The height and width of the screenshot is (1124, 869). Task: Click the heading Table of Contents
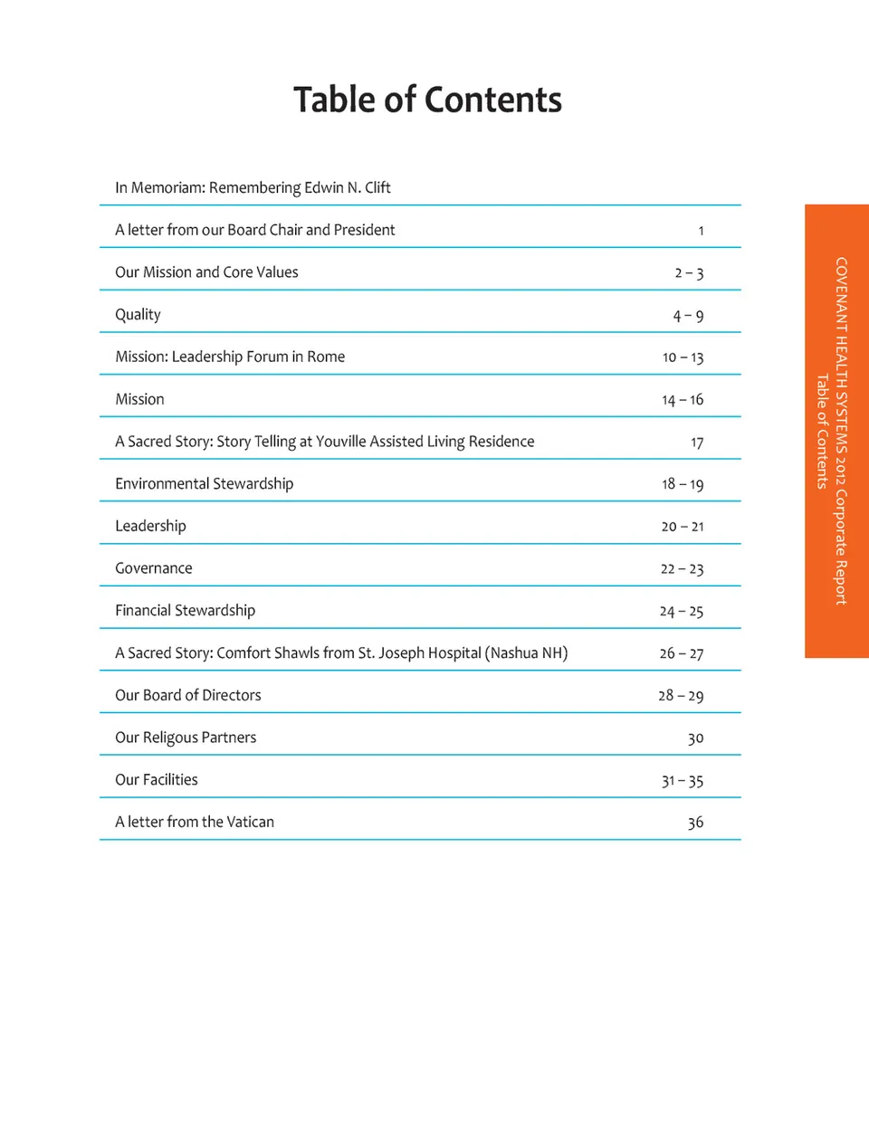point(427,100)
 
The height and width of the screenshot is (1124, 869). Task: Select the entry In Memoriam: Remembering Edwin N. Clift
point(253,187)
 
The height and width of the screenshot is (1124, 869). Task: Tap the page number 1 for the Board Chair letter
point(701,231)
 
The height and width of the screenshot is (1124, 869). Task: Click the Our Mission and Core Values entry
point(206,272)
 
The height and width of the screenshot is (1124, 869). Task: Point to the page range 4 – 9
point(688,316)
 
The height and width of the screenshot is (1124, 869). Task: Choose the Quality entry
point(138,315)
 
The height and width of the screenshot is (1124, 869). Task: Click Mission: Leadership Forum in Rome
point(230,357)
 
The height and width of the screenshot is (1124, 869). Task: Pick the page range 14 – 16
point(683,400)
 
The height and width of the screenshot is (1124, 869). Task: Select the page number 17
point(697,443)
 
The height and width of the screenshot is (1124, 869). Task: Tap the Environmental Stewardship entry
point(204,484)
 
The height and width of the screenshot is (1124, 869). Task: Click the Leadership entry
point(150,526)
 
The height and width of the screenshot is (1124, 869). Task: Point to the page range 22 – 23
point(682,569)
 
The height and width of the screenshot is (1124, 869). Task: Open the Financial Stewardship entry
point(185,611)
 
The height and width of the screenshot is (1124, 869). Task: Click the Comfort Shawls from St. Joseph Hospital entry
point(341,652)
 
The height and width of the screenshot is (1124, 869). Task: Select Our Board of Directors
point(187,695)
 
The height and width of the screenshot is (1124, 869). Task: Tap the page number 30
point(695,738)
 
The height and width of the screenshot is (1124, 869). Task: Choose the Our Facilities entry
point(156,780)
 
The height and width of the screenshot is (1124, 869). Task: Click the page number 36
point(695,823)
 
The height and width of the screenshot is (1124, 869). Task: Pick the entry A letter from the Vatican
point(194,822)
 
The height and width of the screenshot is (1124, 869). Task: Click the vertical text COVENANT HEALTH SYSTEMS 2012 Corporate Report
point(841,431)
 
